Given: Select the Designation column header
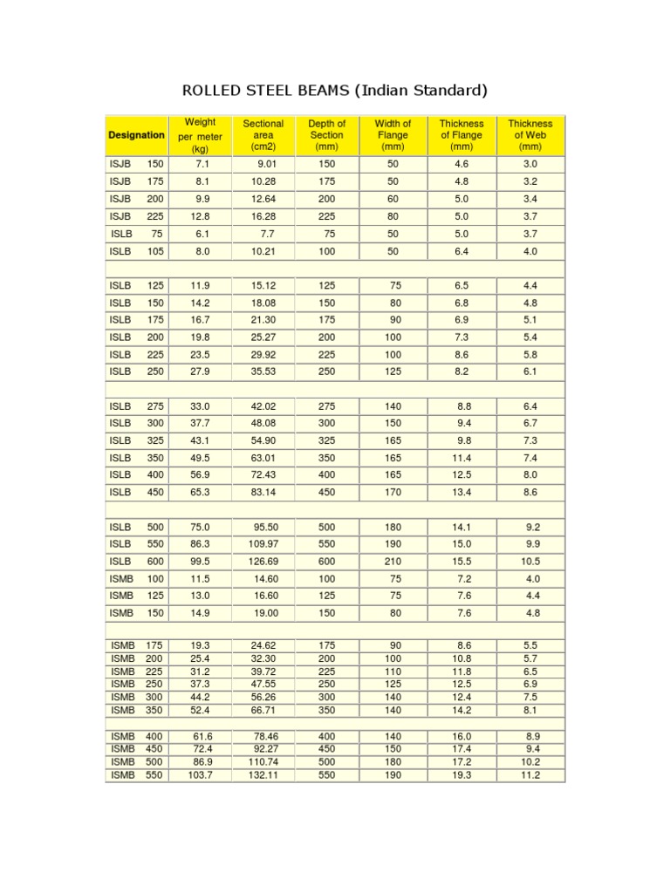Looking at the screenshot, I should point(136,135).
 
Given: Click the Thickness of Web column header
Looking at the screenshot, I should point(530,135).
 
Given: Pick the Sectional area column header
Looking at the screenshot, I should point(263,135).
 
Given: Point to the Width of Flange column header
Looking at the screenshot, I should point(393,135).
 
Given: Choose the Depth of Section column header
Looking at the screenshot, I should point(327,135).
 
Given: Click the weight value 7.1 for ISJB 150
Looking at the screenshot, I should point(202,164).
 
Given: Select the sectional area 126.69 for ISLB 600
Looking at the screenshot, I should point(263,562).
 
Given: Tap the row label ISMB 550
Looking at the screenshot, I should point(136,774).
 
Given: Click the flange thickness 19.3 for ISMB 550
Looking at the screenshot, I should point(461,774).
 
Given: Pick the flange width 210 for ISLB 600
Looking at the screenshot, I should point(393,562).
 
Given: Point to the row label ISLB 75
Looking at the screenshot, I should point(136,234).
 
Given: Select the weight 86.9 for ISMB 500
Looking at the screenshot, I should point(202,761).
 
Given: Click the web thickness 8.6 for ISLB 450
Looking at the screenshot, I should point(530,492).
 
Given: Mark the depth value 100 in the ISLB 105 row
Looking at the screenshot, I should point(327,251).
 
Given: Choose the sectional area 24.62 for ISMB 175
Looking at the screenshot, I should point(263,644).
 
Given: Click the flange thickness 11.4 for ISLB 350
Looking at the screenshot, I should point(461,458).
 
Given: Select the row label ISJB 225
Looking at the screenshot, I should point(136,216).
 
